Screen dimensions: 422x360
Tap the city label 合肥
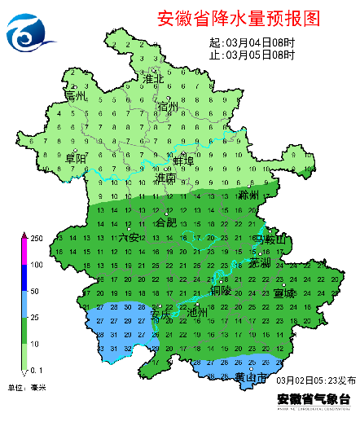pos(166,222)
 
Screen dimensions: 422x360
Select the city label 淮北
pos(153,79)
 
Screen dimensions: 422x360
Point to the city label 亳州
pos(76,95)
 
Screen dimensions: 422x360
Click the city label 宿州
pos(168,107)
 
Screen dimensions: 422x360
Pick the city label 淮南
pos(166,177)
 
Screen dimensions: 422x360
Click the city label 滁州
pos(248,196)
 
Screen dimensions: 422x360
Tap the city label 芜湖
pos(259,263)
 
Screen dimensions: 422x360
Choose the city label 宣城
pos(285,292)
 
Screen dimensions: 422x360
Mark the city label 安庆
pos(160,311)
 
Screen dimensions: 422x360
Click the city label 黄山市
pos(251,376)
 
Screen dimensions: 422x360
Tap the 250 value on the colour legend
pos(37,238)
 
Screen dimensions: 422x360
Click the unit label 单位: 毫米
pos(27,387)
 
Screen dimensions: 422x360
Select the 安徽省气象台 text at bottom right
pos(314,399)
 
